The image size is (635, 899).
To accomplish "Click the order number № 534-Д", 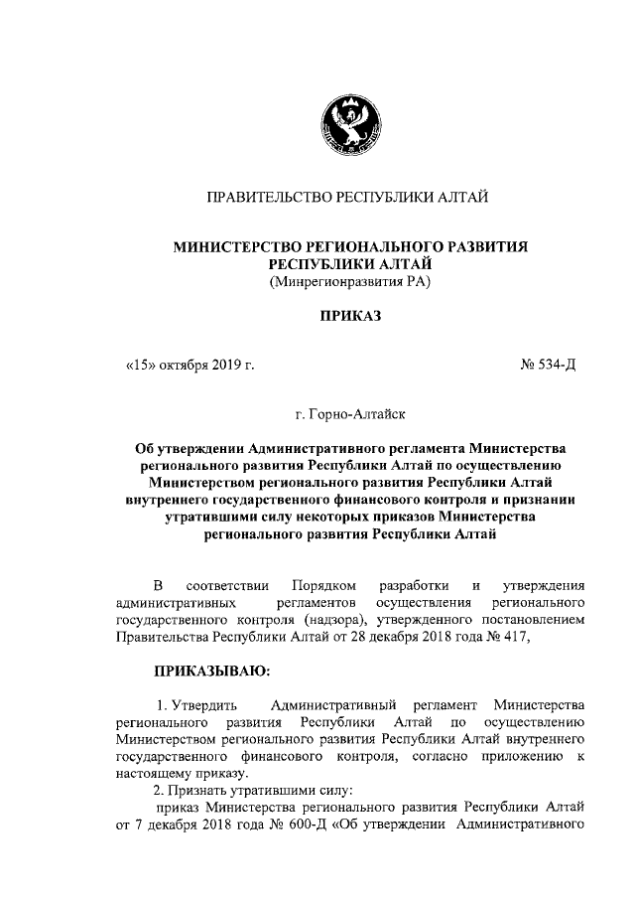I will click(x=549, y=365).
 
